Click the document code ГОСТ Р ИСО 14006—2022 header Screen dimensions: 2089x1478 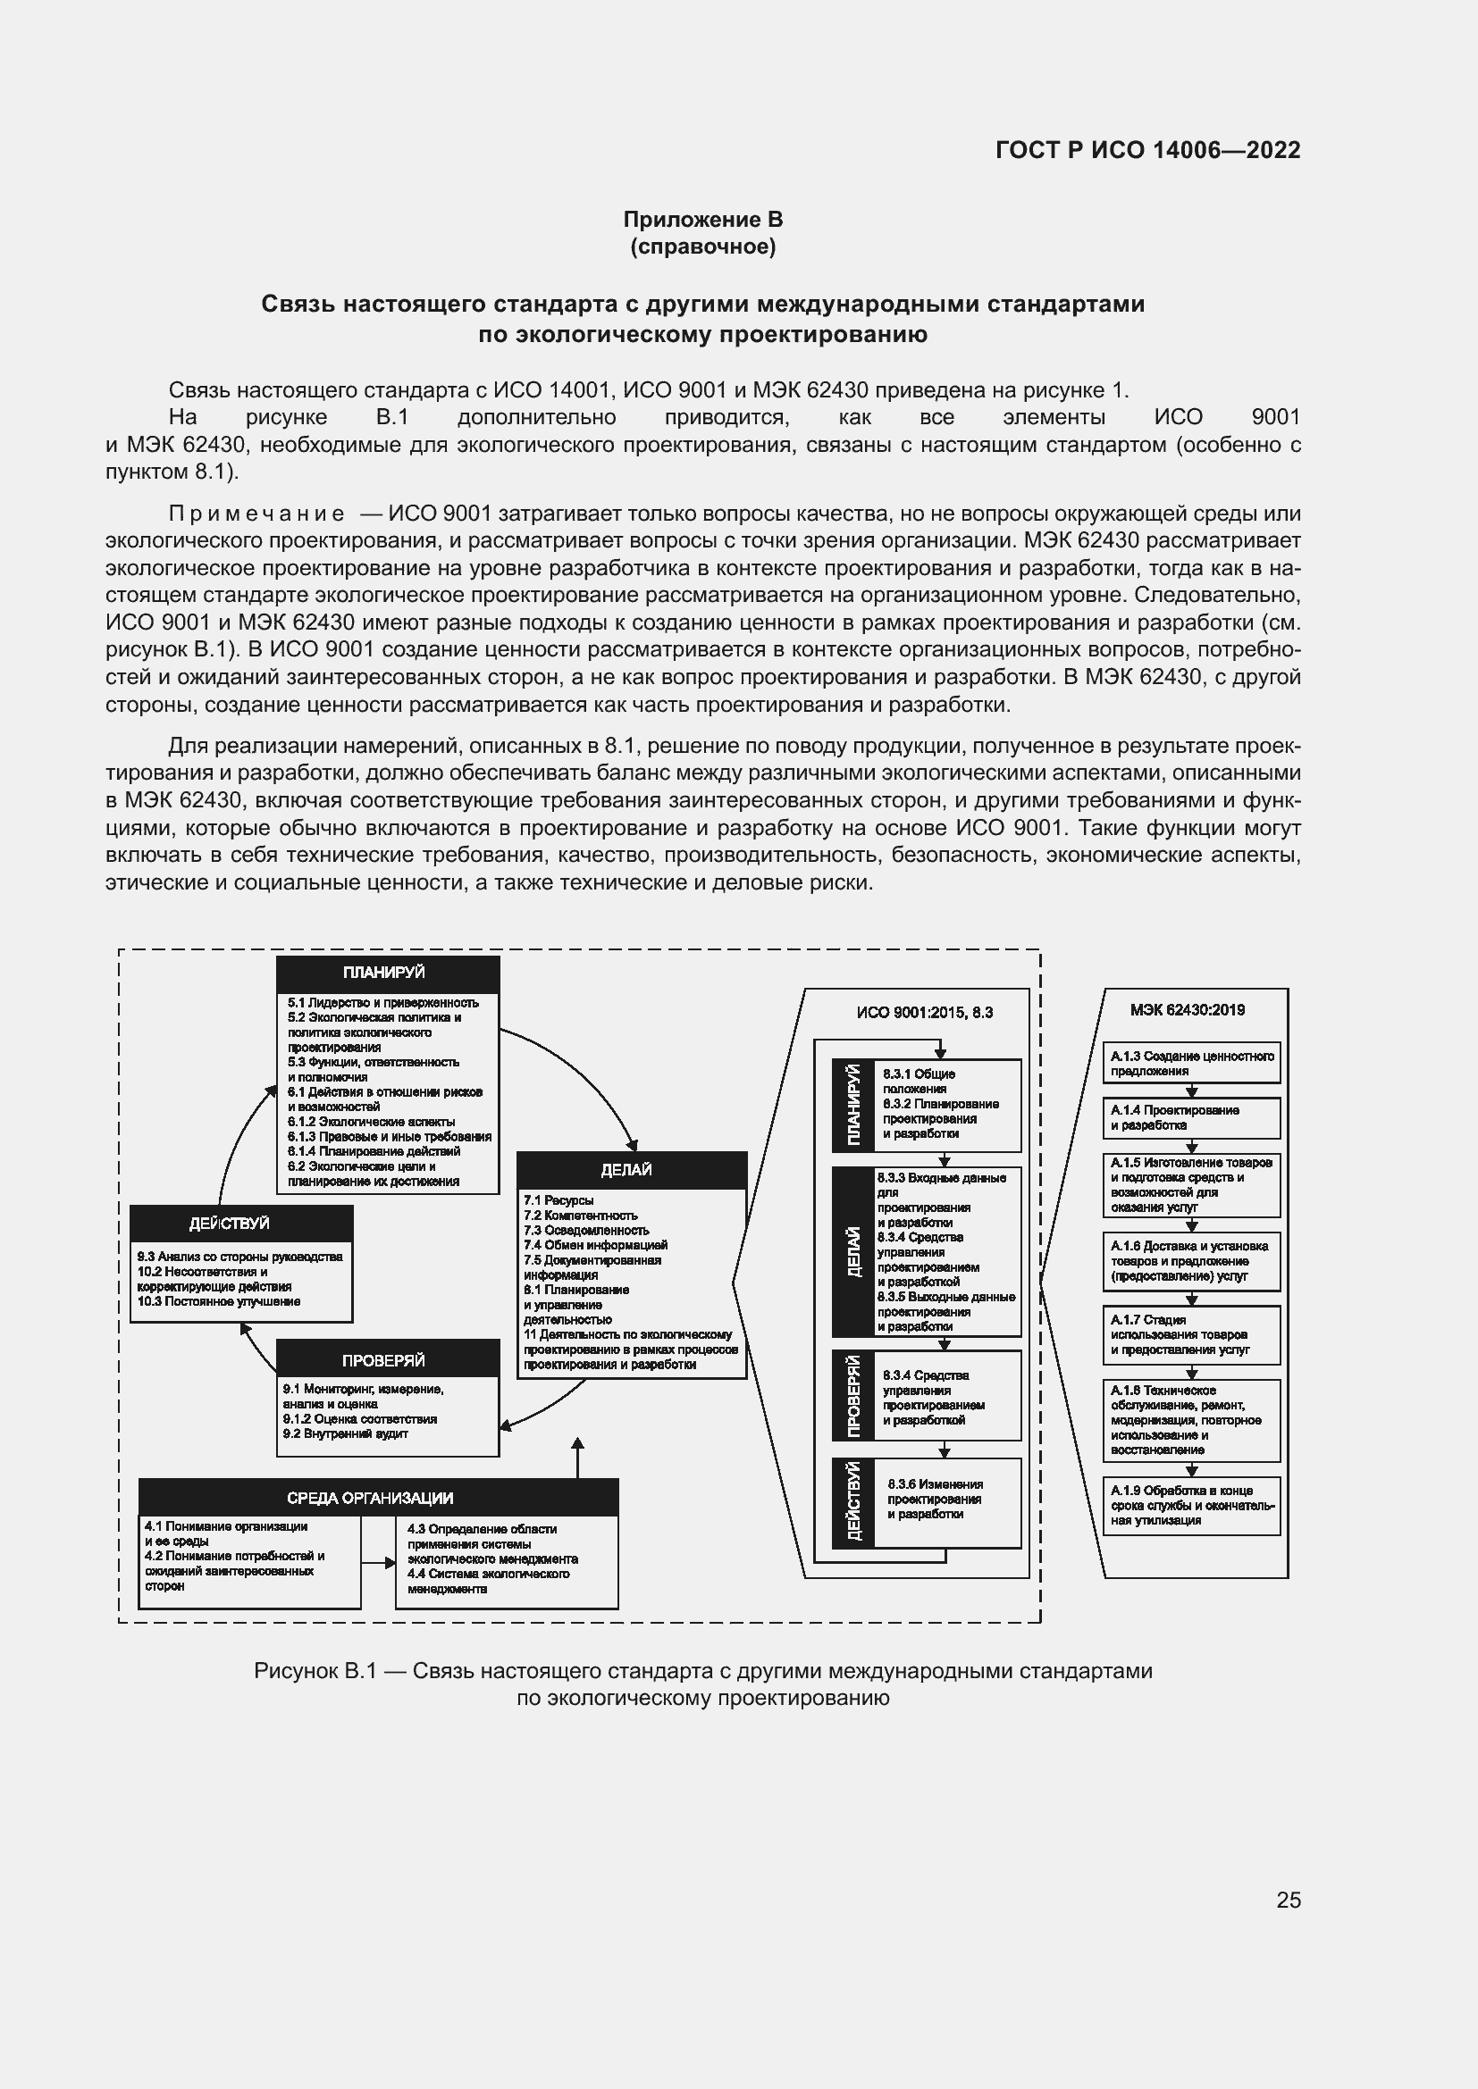pos(1147,150)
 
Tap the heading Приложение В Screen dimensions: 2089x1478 pos(702,220)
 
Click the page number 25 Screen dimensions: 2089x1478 pos(1288,1900)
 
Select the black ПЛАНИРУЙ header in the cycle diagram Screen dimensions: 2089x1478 pos(387,973)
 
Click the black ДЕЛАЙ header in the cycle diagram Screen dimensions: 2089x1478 pos(631,1170)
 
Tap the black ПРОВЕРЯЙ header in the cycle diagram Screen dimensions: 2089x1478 pos(387,1360)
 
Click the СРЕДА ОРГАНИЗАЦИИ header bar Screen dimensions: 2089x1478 pos(378,1498)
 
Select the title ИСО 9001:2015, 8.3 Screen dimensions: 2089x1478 pos(924,1013)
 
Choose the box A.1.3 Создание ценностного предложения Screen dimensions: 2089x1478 pos(1190,1063)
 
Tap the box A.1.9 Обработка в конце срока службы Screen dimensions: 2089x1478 pos(1190,1505)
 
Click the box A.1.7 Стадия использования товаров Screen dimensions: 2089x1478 pos(1190,1334)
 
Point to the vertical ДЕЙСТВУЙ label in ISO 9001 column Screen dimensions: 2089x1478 pos(852,1502)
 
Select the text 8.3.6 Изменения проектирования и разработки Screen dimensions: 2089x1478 pos(935,1499)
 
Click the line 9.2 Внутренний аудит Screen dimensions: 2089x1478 pos(345,1434)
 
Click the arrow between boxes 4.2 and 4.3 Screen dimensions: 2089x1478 pos(378,1563)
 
